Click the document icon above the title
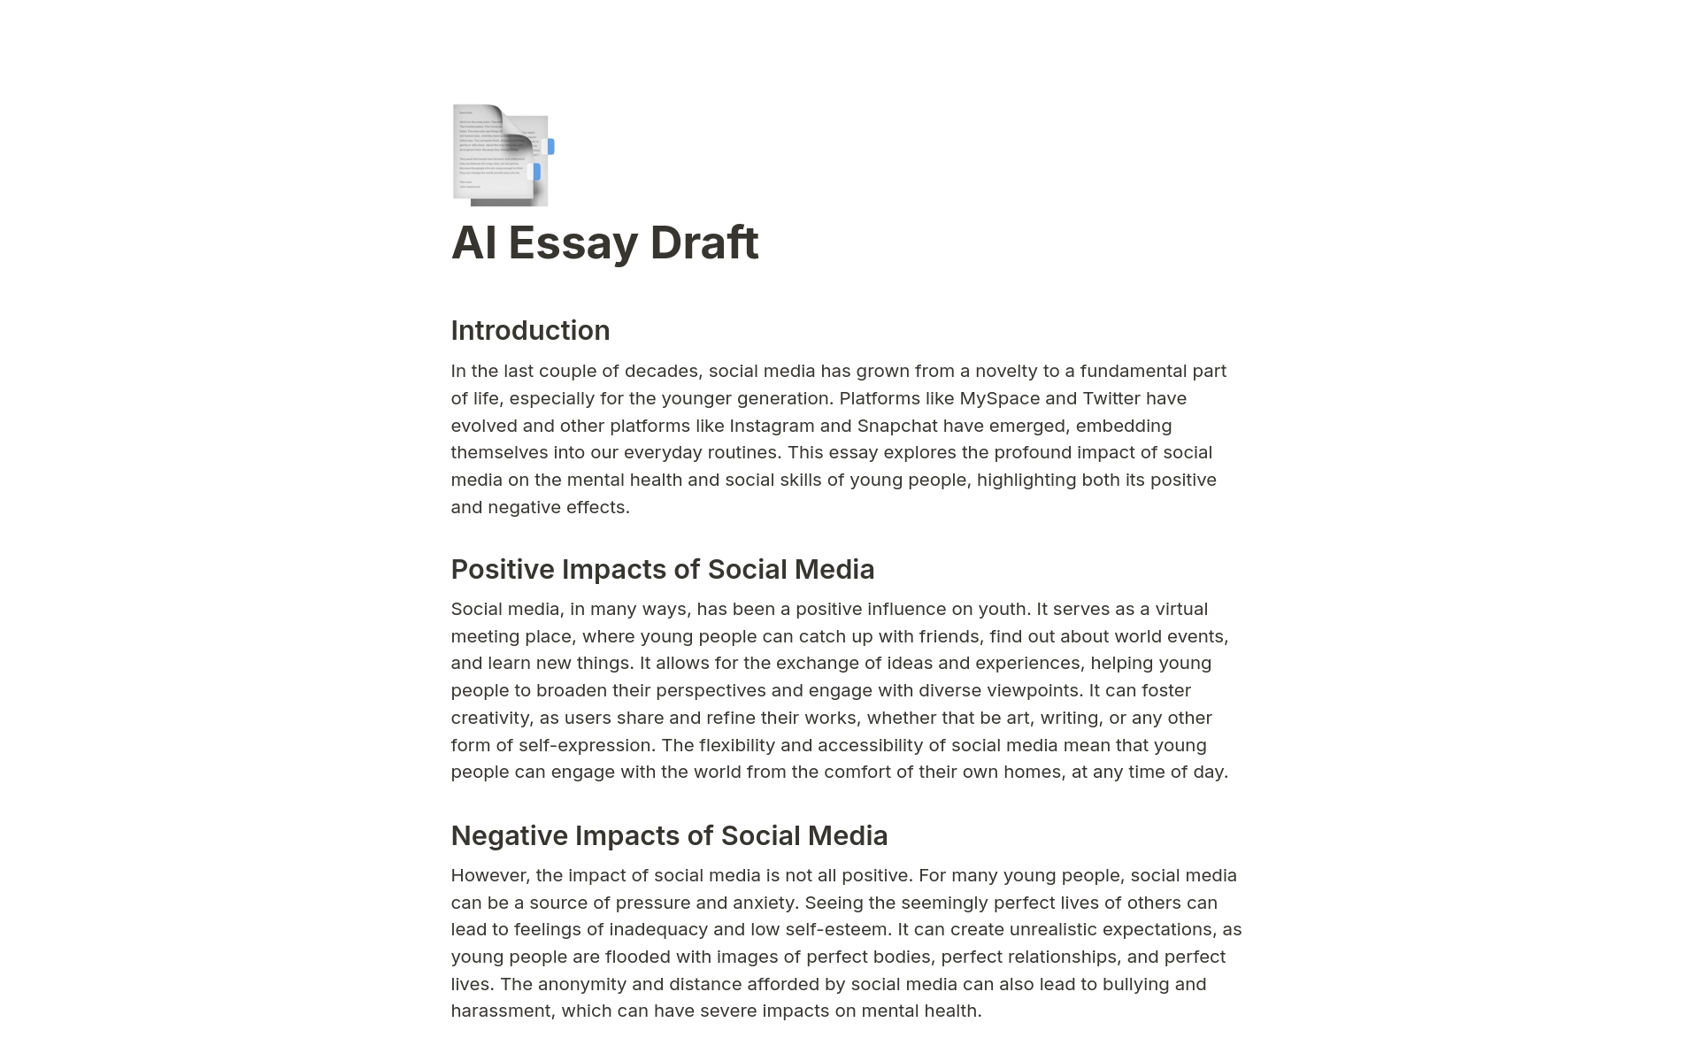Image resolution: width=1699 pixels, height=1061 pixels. [502, 155]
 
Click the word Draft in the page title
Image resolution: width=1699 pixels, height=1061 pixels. [703, 242]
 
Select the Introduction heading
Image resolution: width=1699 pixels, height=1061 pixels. [530, 330]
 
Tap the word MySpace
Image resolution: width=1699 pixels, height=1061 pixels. [999, 398]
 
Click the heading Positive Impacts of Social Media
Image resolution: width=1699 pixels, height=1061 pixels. [662, 569]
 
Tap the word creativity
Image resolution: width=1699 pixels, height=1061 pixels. [489, 718]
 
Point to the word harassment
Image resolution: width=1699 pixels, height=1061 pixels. [500, 1011]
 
